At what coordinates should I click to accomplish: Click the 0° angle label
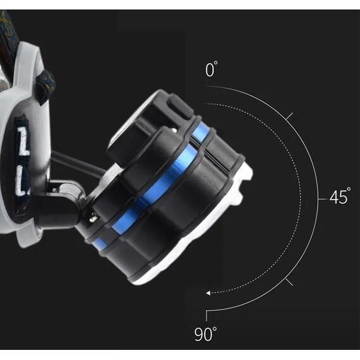[211, 69]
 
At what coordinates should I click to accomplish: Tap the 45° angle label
[340, 196]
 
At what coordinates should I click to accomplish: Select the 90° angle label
[205, 333]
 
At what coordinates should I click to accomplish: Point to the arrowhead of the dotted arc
[208, 293]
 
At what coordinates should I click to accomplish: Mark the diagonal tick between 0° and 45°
[289, 116]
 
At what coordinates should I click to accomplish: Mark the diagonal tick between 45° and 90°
[289, 282]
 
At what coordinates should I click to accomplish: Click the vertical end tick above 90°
[207, 316]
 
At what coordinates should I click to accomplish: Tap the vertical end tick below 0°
[207, 83]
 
